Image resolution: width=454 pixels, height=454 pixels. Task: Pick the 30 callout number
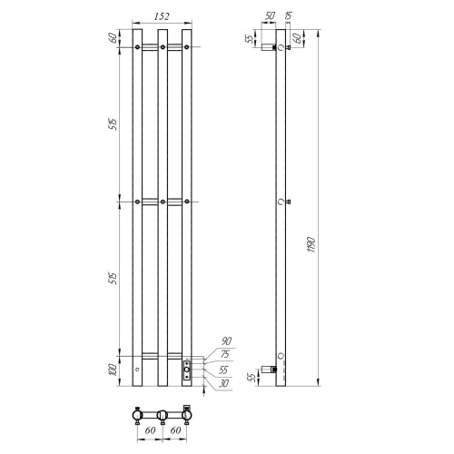point(223,383)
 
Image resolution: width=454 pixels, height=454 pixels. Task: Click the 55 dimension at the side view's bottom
point(252,377)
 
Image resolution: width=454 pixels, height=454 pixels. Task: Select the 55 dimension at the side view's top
point(252,38)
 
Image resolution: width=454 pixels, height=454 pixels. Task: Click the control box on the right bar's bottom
point(187,369)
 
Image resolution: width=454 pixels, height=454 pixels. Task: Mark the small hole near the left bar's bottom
point(137,370)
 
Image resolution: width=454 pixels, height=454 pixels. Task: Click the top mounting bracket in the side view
point(269,49)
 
